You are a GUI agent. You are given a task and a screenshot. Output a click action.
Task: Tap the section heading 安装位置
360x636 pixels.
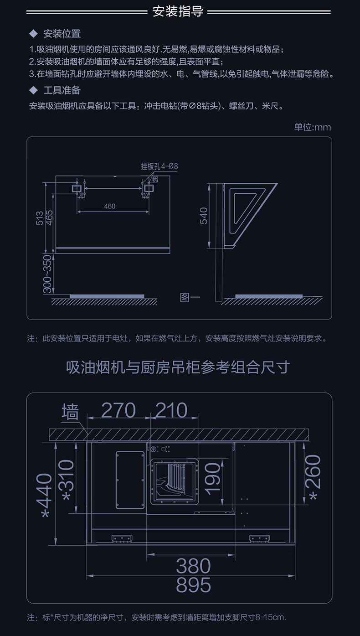(x=62, y=34)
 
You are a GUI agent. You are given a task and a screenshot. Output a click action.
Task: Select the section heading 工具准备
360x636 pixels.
(x=62, y=90)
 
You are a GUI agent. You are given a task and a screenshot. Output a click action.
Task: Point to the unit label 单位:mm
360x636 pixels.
(x=312, y=127)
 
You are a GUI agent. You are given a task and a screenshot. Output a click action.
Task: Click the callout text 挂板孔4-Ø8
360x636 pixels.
(x=159, y=166)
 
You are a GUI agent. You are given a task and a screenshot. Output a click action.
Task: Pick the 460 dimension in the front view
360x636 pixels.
(x=110, y=206)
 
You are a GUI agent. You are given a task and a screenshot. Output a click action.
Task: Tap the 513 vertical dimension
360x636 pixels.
(x=40, y=217)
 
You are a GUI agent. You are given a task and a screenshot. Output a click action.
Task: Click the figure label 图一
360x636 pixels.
(x=190, y=298)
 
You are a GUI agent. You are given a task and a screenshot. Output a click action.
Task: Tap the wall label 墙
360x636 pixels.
(x=70, y=412)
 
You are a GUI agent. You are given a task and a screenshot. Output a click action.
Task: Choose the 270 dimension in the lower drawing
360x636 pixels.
(x=118, y=410)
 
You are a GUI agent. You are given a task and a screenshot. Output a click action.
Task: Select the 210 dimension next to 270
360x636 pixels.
(x=171, y=410)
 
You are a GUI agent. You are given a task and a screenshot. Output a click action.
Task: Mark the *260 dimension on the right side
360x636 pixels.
(x=314, y=477)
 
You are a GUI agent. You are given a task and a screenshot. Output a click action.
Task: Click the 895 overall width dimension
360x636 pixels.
(x=194, y=585)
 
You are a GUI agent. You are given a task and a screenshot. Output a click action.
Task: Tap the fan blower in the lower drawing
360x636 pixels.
(x=175, y=482)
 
